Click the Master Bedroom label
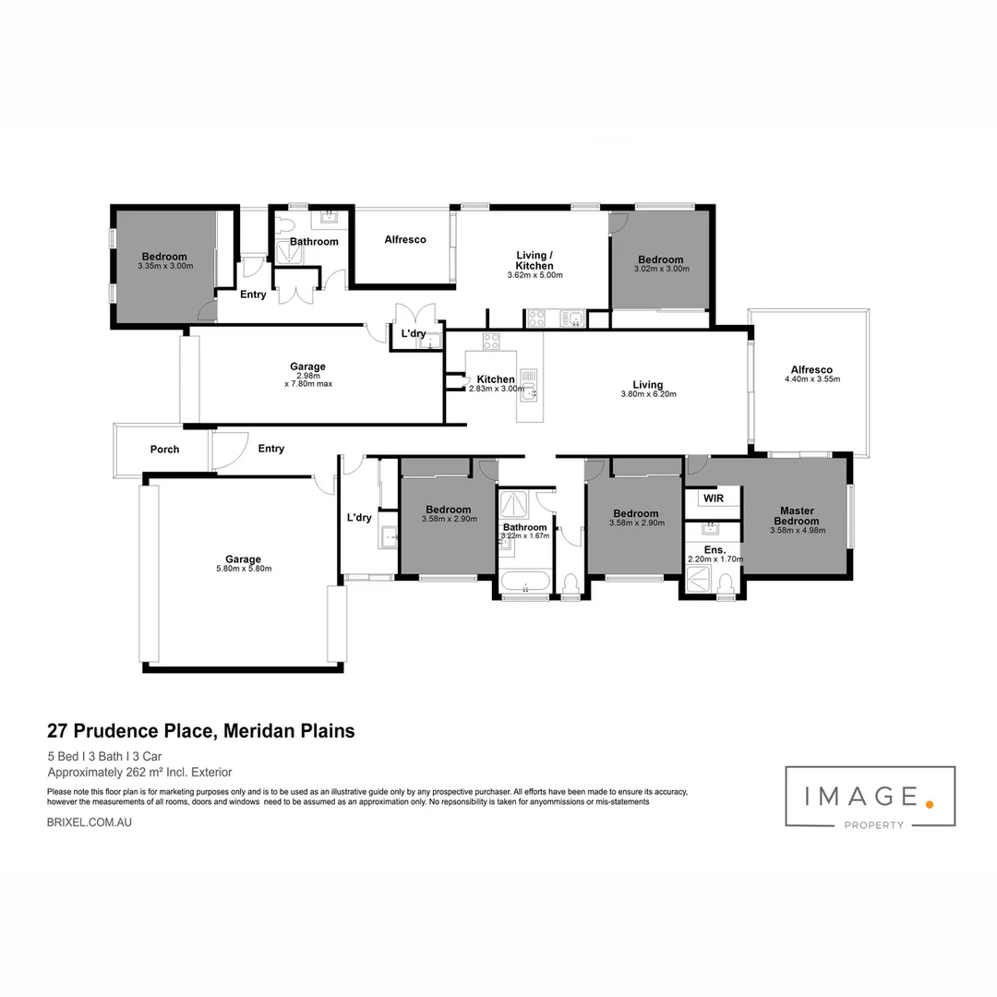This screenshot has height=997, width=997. [796, 515]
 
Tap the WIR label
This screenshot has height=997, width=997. [713, 498]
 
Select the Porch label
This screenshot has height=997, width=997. [164, 450]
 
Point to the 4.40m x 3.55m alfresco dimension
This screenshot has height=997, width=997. [811, 379]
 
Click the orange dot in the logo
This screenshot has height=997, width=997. [930, 804]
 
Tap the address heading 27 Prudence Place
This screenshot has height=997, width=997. [200, 731]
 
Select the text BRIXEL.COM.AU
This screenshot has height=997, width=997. [89, 821]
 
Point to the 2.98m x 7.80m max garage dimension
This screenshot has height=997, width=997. [307, 379]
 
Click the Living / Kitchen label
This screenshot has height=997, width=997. [535, 260]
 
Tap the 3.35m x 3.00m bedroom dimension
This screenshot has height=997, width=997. [164, 267]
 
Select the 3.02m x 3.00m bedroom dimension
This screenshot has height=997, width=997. [661, 270]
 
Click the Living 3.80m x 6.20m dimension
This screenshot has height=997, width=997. [648, 394]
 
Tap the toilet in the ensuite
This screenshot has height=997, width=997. [726, 583]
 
